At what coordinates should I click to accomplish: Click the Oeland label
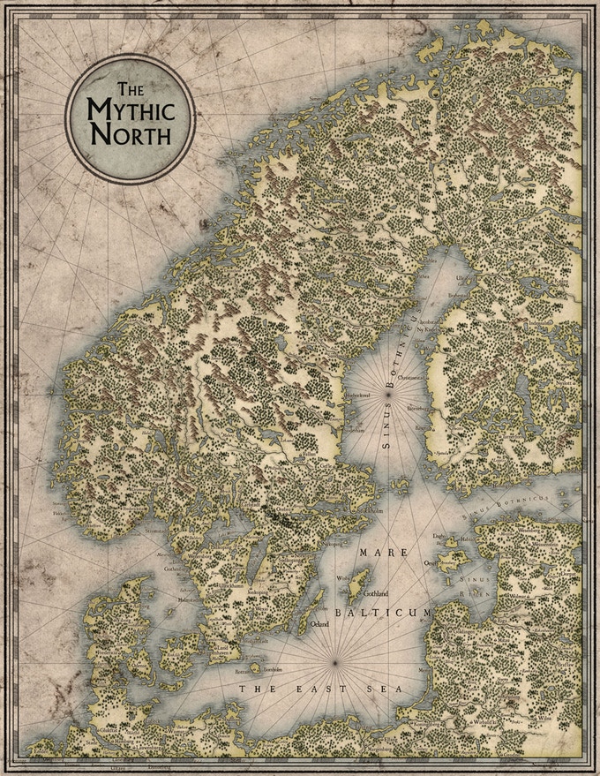[320, 624]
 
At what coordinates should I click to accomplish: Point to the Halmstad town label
[191, 599]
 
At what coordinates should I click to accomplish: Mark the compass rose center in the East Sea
[336, 662]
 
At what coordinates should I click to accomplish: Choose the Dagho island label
[438, 535]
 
